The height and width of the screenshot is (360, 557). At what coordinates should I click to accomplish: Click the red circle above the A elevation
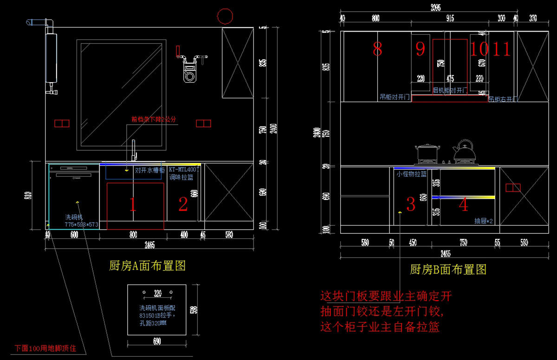(225, 16)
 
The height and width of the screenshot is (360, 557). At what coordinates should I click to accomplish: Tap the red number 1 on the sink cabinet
(133, 205)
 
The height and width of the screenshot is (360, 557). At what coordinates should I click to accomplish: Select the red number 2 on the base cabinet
(183, 205)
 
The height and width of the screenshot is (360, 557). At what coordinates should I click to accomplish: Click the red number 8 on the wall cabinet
(377, 49)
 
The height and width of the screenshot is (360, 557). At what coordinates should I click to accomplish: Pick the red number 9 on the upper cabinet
(420, 49)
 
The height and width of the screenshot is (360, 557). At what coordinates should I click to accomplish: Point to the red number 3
(411, 204)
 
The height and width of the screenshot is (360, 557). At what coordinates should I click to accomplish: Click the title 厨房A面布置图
(147, 266)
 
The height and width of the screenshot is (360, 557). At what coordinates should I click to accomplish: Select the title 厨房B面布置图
(448, 270)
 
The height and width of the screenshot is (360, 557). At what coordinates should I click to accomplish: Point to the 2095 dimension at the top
(435, 7)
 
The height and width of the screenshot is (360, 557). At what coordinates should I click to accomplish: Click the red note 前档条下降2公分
(154, 119)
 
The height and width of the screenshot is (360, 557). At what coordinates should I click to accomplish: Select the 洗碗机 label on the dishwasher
(74, 217)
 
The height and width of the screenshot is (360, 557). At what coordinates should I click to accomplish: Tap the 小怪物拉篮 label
(411, 174)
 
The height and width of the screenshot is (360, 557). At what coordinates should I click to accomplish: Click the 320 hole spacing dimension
(157, 293)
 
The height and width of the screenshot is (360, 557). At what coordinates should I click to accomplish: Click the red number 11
(501, 49)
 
